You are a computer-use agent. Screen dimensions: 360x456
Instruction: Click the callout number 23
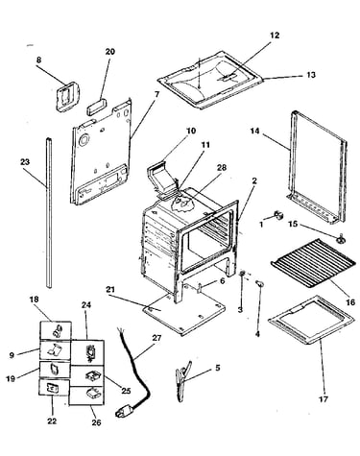point(25,162)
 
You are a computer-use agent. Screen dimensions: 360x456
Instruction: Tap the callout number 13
point(311,75)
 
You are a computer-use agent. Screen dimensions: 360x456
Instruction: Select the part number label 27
point(156,338)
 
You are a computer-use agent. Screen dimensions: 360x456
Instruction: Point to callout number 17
point(324,399)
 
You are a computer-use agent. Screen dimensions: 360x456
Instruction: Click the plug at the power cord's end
point(123,411)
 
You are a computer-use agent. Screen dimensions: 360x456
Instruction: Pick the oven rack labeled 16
point(313,263)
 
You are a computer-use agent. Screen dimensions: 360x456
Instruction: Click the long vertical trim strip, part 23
point(49,213)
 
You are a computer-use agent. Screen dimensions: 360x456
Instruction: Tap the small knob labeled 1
point(278,215)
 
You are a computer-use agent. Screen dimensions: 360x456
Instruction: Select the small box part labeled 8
point(68,96)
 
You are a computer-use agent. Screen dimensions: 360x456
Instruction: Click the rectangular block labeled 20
point(95,107)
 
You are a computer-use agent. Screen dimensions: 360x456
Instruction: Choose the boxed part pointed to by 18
point(56,330)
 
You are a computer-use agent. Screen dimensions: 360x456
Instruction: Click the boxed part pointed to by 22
point(54,388)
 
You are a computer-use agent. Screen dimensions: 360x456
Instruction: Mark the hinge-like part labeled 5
point(183,380)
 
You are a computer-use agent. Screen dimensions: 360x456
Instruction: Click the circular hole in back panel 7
point(84,140)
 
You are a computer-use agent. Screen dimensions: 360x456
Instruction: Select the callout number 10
point(191,131)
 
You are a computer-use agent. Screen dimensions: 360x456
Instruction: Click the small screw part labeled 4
point(260,283)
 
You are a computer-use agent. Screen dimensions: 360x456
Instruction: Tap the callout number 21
point(110,290)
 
